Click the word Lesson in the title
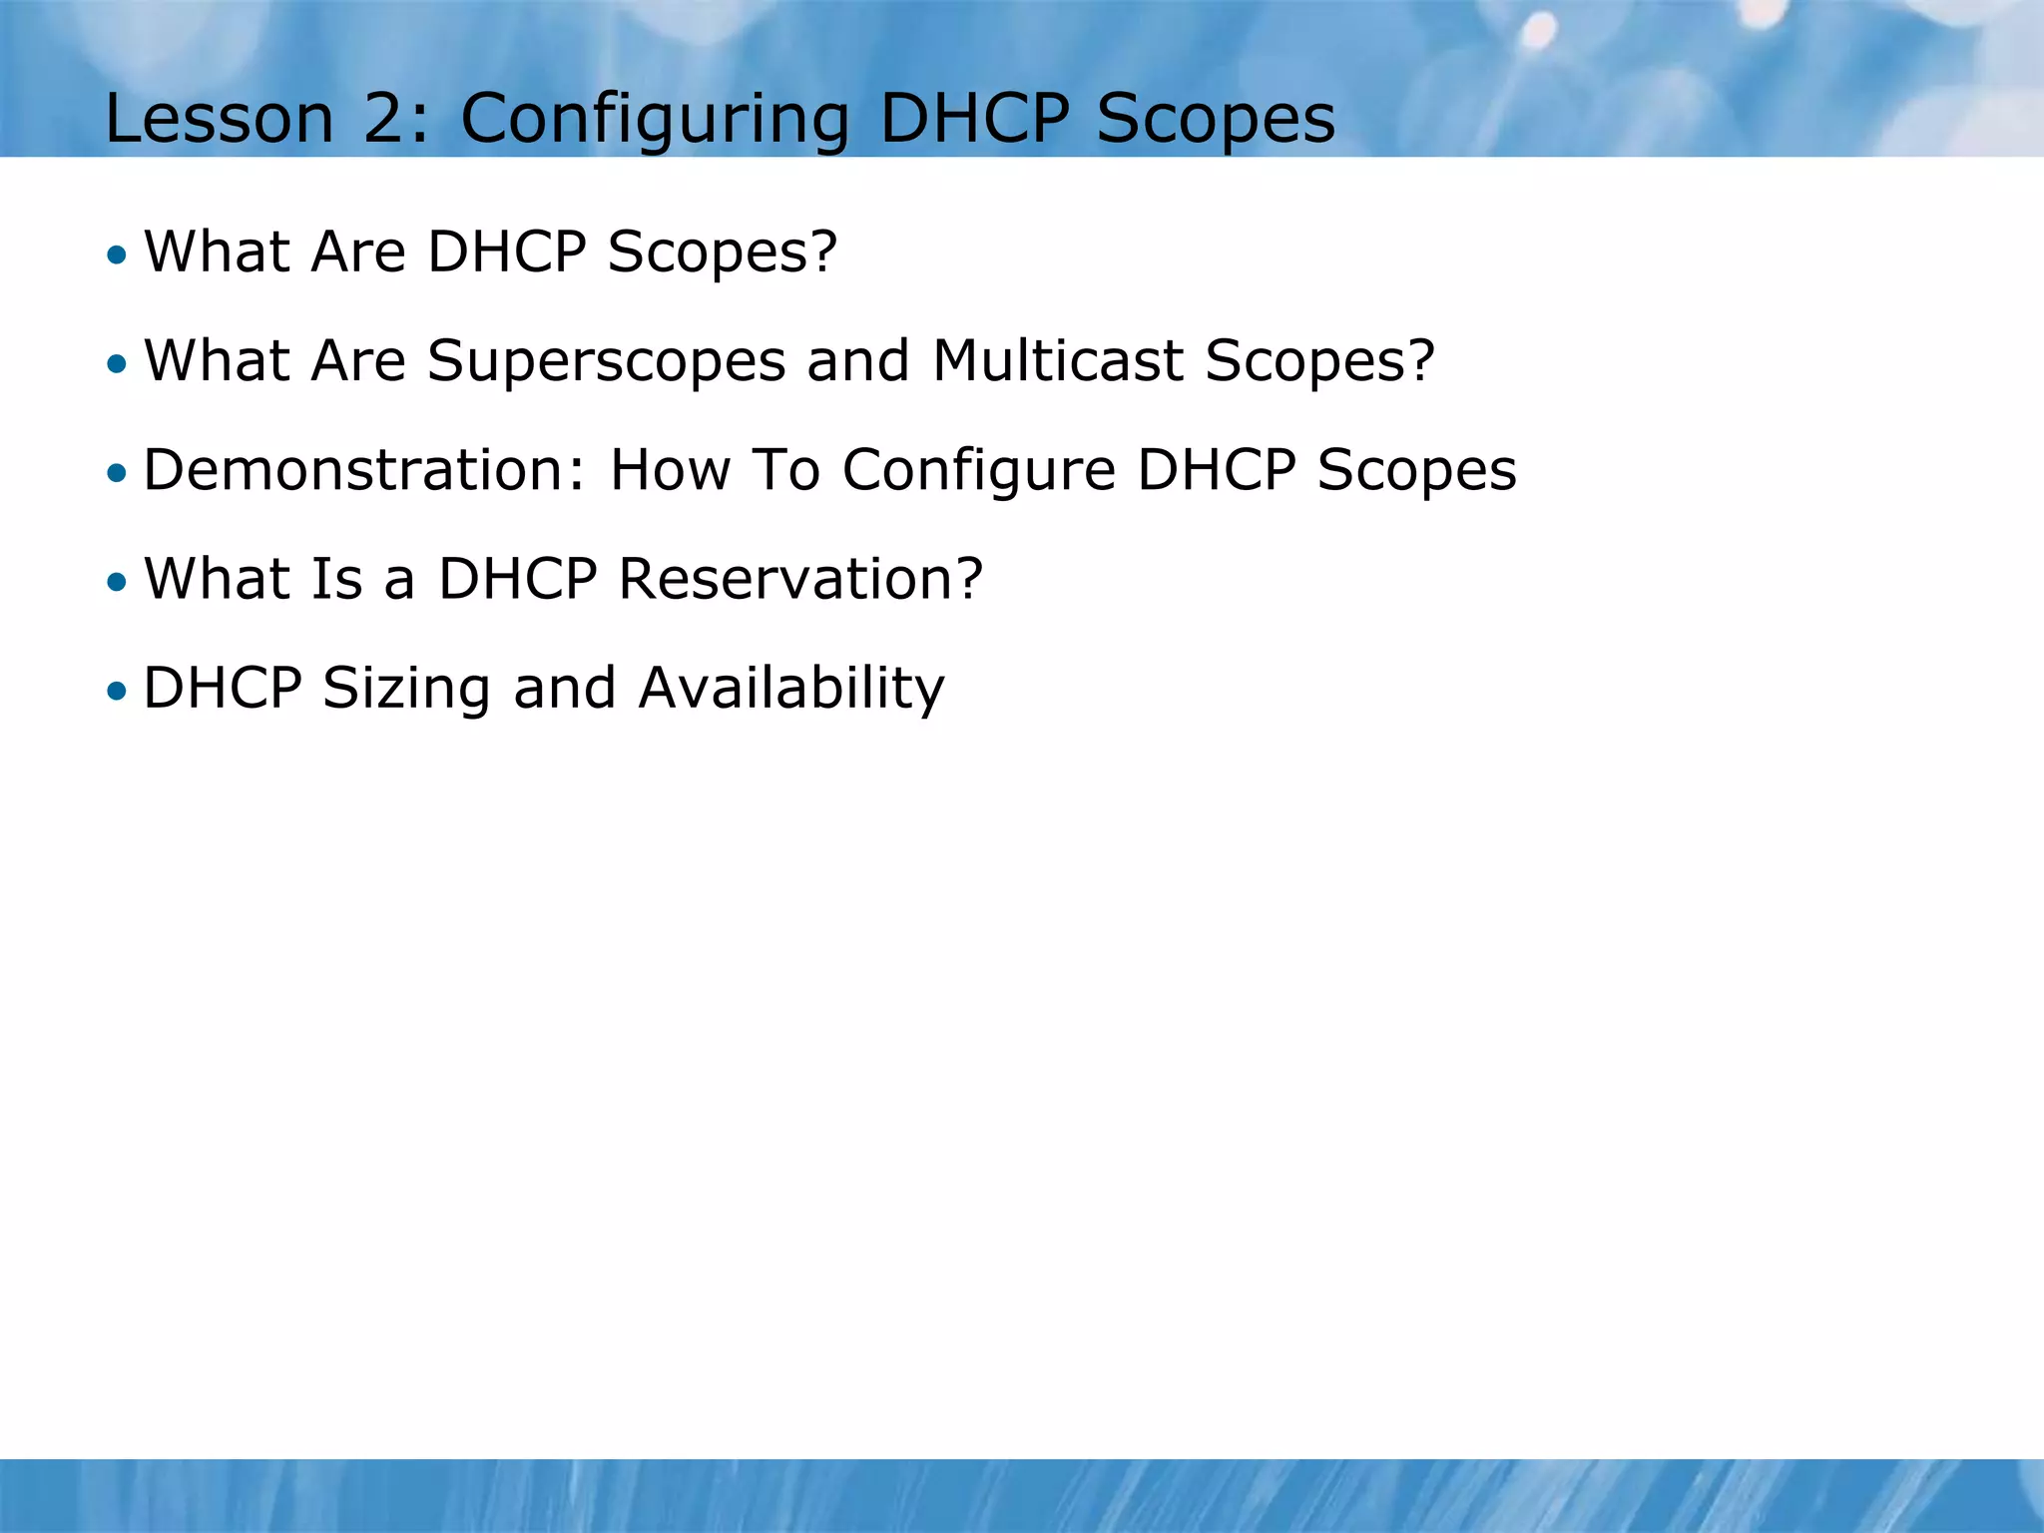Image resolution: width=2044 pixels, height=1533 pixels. [x=219, y=119]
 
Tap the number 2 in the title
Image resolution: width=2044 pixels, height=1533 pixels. [x=382, y=119]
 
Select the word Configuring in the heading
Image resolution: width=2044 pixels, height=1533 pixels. [x=655, y=119]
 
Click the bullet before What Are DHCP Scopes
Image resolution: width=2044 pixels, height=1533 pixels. [x=118, y=255]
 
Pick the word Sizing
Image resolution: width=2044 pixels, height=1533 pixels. [x=406, y=689]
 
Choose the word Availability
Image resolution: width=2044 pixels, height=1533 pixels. [x=790, y=689]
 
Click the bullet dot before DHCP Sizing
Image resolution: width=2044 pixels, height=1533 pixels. [x=118, y=691]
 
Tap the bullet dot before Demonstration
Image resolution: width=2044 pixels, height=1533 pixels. [x=118, y=472]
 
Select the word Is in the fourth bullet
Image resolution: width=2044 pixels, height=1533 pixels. [x=336, y=579]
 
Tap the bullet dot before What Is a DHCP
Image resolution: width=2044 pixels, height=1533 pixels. [x=118, y=582]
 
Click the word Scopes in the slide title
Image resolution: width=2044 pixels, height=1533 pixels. [x=1216, y=119]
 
